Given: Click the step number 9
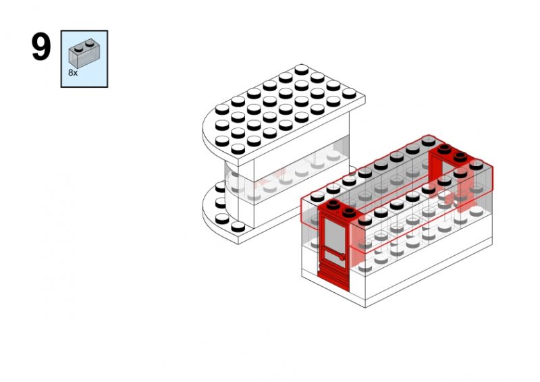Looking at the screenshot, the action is pos(41,47).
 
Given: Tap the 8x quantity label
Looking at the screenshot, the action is pos(73,73).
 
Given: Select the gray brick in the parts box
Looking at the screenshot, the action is pos(84,53).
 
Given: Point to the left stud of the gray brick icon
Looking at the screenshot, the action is pos(78,49).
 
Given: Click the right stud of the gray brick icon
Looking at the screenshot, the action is pos(90,43).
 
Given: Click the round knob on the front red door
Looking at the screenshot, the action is pos(342,257).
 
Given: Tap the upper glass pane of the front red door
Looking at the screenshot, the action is pos(335,235).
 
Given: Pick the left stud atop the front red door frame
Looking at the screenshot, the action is pos(333,204).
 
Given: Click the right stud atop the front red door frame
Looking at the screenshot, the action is pos(349,213).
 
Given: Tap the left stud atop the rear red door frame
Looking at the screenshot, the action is pos(445,149).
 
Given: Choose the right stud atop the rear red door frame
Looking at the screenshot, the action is pos(460,157).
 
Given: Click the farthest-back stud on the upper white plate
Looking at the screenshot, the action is pos(301,70).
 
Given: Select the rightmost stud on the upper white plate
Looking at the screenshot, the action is pos(349,93).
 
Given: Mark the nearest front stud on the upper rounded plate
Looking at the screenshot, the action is pos(238,148).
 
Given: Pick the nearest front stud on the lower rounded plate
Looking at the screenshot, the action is pos(238,227).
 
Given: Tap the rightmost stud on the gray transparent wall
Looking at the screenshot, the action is pos(477,165).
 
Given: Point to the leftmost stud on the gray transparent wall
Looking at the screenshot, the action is pos(317,196).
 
